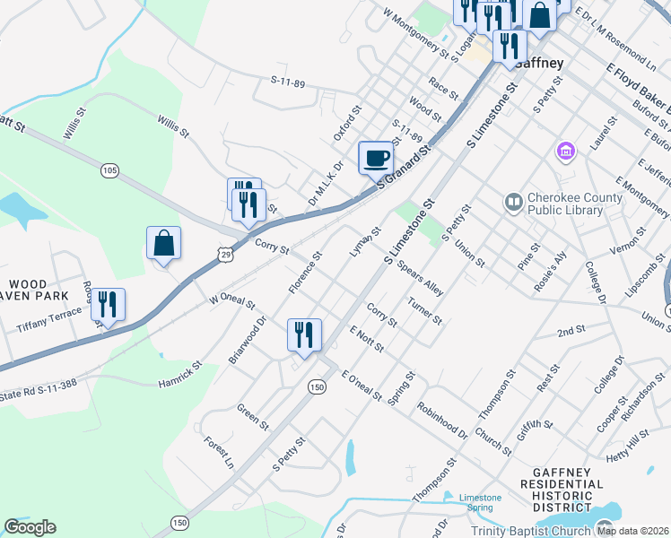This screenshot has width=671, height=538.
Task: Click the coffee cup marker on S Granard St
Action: tap(376, 158)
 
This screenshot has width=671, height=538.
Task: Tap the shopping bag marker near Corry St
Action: tap(163, 243)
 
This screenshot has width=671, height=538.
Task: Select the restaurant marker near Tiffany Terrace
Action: tap(108, 305)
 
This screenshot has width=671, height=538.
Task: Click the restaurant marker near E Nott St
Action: tap(304, 335)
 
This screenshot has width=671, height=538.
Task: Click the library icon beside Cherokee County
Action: tap(513, 203)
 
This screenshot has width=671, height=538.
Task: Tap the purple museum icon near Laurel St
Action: tap(566, 151)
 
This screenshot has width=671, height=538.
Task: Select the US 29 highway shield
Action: tap(224, 256)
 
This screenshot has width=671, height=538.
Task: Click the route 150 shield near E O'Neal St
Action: tap(316, 386)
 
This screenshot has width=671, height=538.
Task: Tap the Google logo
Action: tap(30, 527)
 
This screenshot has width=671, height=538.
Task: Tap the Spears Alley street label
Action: tap(420, 279)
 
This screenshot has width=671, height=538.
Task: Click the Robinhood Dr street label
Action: tap(441, 420)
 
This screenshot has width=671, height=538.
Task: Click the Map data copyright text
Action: tap(632, 531)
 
